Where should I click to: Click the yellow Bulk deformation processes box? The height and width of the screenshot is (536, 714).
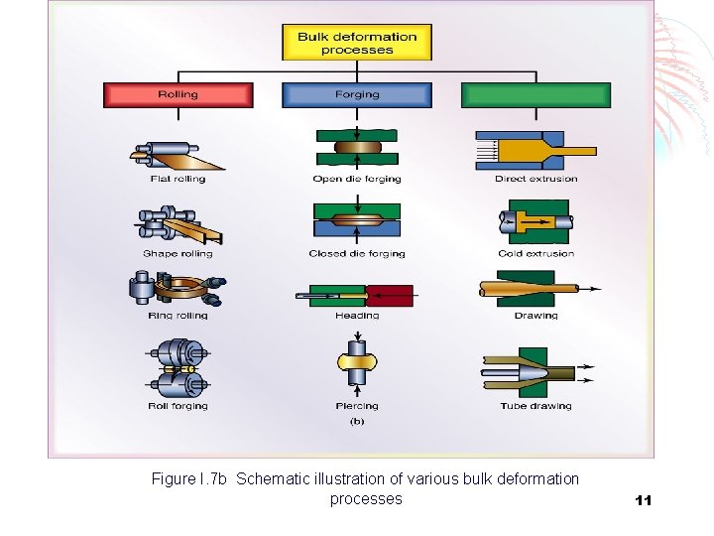click(x=358, y=44)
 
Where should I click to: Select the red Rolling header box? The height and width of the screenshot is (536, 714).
click(x=178, y=95)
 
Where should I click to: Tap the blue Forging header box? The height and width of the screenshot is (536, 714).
click(x=357, y=95)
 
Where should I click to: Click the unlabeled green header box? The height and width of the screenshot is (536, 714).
click(x=535, y=95)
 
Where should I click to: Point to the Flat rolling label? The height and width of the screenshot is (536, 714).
click(x=178, y=180)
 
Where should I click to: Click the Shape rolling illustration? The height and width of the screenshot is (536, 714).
click(x=178, y=225)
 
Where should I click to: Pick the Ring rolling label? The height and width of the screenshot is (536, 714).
click(x=178, y=316)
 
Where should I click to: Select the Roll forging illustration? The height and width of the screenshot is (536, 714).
click(x=178, y=370)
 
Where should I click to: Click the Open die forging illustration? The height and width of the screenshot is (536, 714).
click(x=357, y=149)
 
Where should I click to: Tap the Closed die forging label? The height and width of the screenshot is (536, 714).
click(x=357, y=254)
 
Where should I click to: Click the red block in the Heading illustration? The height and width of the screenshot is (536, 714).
click(x=390, y=295)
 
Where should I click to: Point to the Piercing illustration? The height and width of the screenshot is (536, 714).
click(x=357, y=367)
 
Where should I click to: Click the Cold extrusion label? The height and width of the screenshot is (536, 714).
click(x=536, y=254)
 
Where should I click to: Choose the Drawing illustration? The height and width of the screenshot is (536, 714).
click(x=535, y=290)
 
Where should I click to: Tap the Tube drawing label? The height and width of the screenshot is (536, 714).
click(x=536, y=406)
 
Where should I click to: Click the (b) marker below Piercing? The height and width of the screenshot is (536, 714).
click(x=357, y=421)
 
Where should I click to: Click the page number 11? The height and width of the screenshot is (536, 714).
click(x=643, y=500)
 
